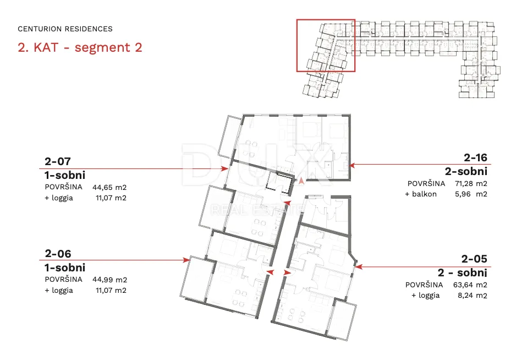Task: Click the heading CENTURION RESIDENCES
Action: point(65,29)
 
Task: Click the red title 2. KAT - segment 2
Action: point(80,47)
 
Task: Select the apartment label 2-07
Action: point(58,161)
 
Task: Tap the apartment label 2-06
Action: point(58,254)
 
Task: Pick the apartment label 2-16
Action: point(475,158)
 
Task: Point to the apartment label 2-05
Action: point(474,259)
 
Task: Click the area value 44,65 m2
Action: point(109,187)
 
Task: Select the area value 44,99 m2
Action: point(109,280)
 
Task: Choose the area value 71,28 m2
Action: point(471,183)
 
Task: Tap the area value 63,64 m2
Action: point(470,285)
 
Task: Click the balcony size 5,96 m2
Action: point(471,194)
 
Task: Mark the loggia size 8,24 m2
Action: point(472,295)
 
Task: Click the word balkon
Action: point(424,194)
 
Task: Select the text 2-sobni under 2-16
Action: point(466,171)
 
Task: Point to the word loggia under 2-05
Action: point(429,296)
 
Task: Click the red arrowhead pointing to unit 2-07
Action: point(225,168)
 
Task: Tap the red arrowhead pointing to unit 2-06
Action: point(186,260)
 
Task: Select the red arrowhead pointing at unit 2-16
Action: point(352,165)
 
